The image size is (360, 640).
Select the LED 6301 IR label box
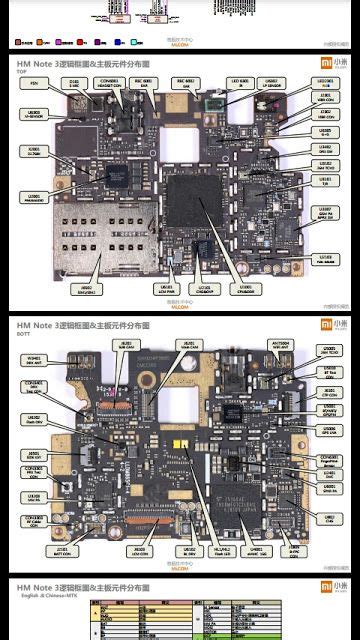click(239, 82)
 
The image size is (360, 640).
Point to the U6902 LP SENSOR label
click(269, 82)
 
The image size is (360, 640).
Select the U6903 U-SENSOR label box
click(35, 115)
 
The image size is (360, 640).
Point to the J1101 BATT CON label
click(63, 550)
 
